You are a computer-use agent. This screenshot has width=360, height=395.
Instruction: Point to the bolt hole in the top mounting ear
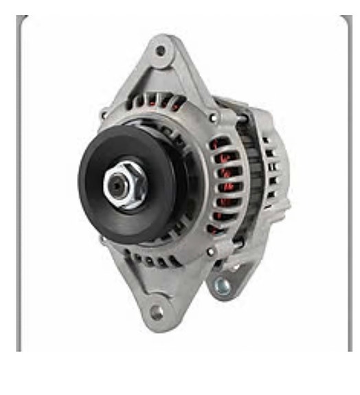(x=160, y=50)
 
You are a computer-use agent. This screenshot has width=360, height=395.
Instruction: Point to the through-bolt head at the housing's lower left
(x=102, y=240)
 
